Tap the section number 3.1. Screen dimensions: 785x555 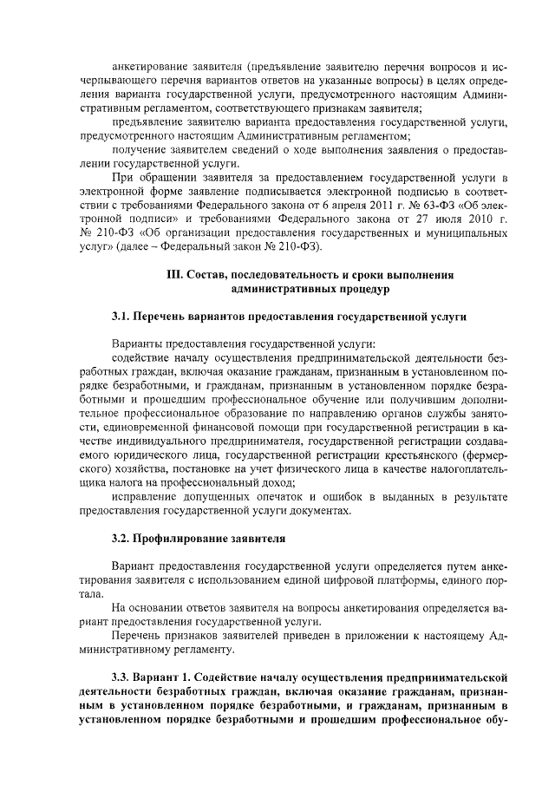point(122,317)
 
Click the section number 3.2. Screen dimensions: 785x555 point(122,538)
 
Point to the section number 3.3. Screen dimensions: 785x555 point(122,676)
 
